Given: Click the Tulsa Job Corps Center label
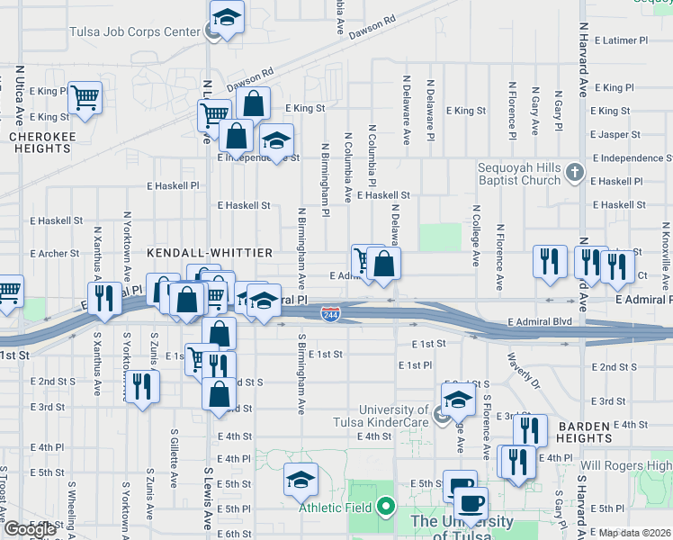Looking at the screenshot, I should (x=135, y=32).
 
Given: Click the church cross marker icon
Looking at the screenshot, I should (x=577, y=171).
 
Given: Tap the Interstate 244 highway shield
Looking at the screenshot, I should (x=330, y=312).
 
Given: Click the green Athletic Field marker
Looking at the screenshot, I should (x=387, y=507).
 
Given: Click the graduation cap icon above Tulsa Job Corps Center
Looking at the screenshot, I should (x=227, y=17).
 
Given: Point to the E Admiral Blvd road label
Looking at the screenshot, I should (x=540, y=322).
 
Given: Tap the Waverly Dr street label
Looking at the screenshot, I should (x=522, y=369).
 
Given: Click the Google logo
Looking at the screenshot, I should (x=30, y=529).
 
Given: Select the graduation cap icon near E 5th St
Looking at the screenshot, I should (x=301, y=480).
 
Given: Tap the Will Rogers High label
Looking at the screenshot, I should (x=626, y=465).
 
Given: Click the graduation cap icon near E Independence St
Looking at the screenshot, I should (x=277, y=141).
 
